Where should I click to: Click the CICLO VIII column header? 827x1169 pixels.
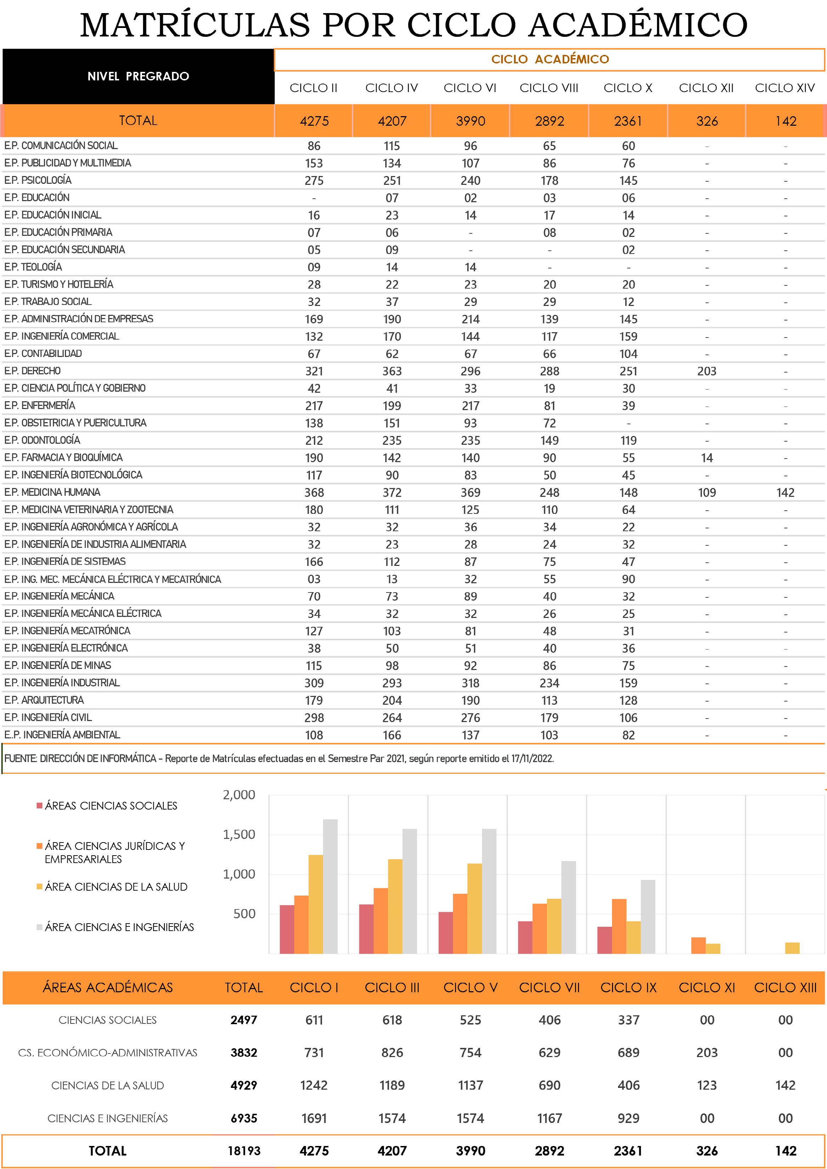click(549, 88)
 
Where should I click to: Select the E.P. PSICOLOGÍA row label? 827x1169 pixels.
click(38, 180)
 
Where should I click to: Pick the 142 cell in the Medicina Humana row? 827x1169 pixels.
click(785, 492)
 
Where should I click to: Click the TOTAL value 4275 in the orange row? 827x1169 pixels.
click(314, 121)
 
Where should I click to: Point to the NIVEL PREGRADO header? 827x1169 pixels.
click(138, 76)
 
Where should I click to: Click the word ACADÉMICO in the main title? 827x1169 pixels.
click(638, 24)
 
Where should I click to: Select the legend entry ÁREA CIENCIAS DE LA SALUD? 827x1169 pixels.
click(115, 886)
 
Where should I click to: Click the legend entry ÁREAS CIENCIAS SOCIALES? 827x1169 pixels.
click(111, 805)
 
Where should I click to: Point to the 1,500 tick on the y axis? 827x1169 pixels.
click(239, 834)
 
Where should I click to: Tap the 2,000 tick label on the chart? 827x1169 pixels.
click(239, 795)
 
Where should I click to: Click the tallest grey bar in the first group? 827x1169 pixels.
click(330, 886)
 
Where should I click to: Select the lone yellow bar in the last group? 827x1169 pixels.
click(792, 948)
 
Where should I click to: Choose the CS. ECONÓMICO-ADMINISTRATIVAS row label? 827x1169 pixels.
click(107, 1052)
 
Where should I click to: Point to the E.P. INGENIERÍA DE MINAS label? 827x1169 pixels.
click(57, 665)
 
